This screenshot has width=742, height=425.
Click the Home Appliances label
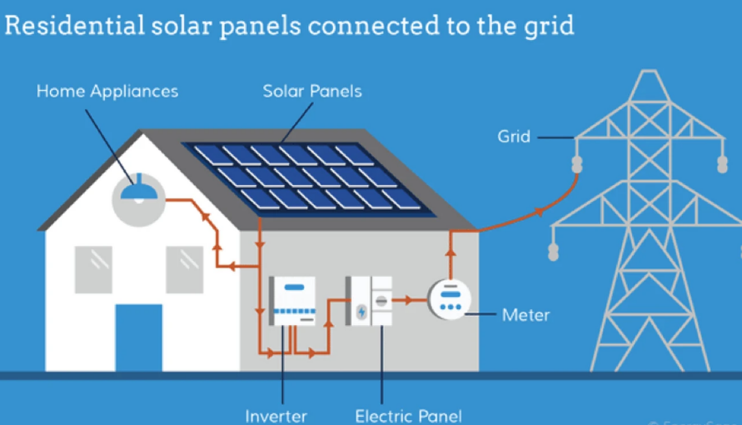coord(107,91)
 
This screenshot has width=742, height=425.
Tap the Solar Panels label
coord(312,91)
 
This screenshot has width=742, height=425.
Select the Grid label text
coord(514,136)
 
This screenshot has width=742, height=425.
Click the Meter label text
coord(525,315)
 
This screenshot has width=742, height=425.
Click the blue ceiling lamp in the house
coord(137,192)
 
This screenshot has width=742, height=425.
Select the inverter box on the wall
coord(293,301)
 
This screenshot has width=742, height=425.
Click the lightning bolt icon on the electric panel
coord(361,312)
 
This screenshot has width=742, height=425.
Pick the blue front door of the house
coord(138,337)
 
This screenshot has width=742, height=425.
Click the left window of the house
coord(93,269)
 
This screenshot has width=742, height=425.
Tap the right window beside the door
coord(184,269)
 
